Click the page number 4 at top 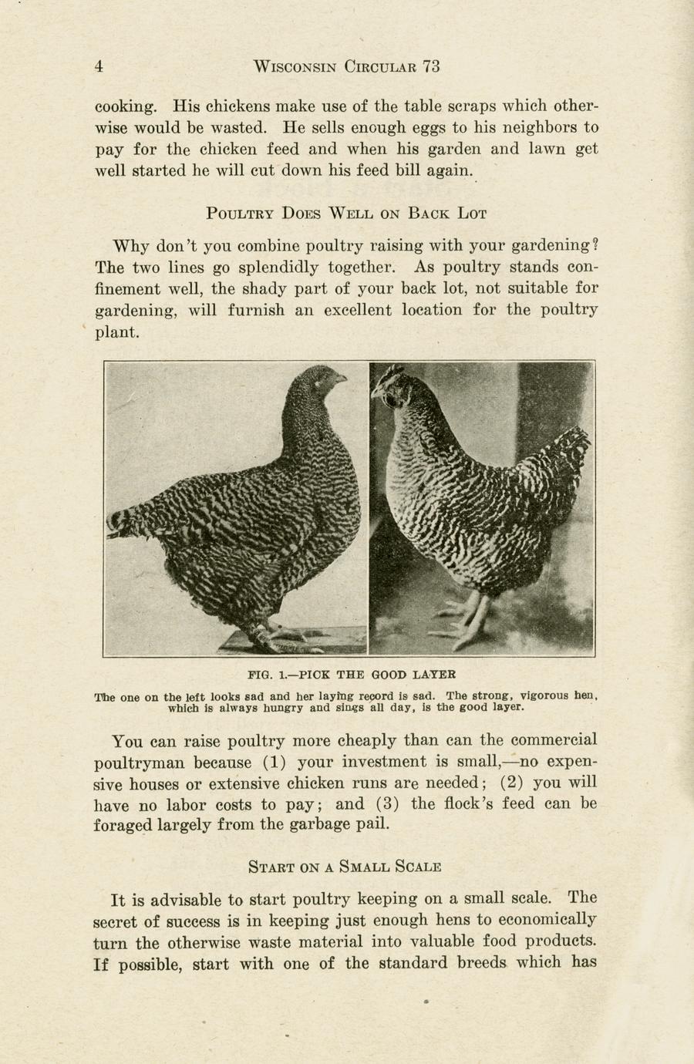coord(99,67)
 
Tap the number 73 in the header coord(431,67)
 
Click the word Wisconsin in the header coord(295,67)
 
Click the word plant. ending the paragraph coord(116,333)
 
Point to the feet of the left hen coord(266,636)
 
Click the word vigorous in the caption coord(537,695)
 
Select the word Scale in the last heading coord(418,867)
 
